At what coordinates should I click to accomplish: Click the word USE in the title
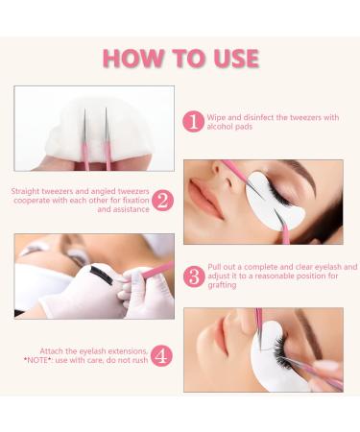tap(236, 59)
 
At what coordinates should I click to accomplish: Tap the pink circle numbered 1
tap(193, 122)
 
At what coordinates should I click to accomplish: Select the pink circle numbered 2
tap(162, 201)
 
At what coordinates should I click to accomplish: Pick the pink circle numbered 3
tap(194, 276)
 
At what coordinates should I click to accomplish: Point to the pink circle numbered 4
tap(161, 355)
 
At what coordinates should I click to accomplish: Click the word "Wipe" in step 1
tap(216, 118)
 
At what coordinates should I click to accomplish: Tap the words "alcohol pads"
tap(229, 127)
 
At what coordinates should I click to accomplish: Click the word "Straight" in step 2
tap(26, 192)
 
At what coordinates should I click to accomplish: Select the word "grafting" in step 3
tap(222, 285)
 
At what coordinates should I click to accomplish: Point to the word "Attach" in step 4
tap(52, 351)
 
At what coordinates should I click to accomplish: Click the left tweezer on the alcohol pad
tap(85, 139)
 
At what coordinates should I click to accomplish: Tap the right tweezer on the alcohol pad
tap(107, 139)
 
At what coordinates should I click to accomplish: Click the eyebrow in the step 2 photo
tap(300, 174)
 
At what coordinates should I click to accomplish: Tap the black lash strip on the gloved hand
tap(102, 275)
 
